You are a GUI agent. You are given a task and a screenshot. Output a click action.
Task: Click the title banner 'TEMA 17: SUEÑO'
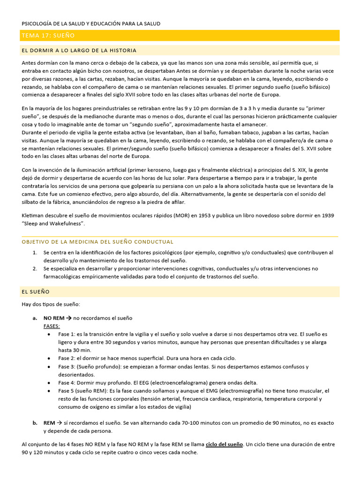tap(48, 36)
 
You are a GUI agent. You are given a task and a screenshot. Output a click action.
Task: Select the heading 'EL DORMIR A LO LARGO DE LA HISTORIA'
tap(79, 50)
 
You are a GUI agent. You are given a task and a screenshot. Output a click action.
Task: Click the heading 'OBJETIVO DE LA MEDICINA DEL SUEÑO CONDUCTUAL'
tap(97, 242)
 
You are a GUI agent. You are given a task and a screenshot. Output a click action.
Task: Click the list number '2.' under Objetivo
tap(35, 269)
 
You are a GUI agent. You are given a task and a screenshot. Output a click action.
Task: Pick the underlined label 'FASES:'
tap(52, 326)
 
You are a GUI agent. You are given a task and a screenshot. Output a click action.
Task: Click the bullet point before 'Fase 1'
tap(50, 334)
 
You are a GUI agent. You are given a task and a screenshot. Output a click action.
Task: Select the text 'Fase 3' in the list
tap(66, 367)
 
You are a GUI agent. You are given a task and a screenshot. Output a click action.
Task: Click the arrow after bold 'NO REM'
tap(68, 318)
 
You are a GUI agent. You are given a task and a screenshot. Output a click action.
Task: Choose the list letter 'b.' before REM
tap(35, 423)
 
